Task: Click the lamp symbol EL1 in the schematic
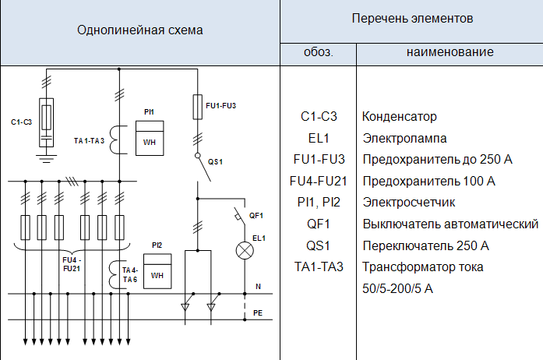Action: [245, 250]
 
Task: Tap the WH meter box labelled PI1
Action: [150, 138]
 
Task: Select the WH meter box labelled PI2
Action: [157, 271]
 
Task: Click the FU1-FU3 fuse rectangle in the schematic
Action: [197, 107]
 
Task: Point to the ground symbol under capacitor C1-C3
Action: [46, 159]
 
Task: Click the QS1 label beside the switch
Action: [215, 162]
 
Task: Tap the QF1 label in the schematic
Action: [256, 216]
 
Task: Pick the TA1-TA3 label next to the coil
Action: [89, 141]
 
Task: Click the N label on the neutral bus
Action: [258, 287]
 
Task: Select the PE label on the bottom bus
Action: [258, 313]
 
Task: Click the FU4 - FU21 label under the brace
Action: [72, 264]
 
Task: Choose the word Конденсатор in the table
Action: [400, 116]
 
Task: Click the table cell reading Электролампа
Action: [404, 138]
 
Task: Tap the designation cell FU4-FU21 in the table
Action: [319, 181]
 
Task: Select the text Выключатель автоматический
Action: [450, 224]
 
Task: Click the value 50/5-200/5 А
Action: [397, 288]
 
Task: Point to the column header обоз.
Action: [319, 52]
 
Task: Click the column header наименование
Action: [450, 52]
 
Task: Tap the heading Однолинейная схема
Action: [140, 30]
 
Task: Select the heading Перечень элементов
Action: [412, 19]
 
